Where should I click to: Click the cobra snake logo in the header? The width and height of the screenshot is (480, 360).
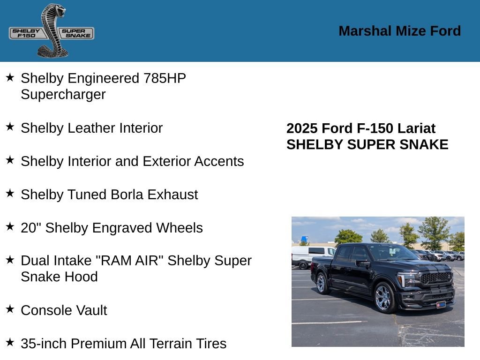[x=52, y=31]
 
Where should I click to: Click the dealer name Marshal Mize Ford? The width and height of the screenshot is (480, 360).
[x=399, y=31]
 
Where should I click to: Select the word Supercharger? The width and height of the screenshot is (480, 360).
[x=63, y=94]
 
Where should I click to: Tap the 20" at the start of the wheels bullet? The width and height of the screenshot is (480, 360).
[x=30, y=228]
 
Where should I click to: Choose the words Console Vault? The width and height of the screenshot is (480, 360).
[x=64, y=310]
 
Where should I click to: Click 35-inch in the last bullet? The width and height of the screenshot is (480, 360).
[x=44, y=344]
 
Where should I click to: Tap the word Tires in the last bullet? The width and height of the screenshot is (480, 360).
[x=211, y=344]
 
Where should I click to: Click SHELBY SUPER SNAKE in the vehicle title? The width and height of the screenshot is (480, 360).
[x=367, y=144]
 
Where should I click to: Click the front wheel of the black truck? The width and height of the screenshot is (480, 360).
[x=384, y=297]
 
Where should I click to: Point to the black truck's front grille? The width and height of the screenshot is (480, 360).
[x=436, y=278]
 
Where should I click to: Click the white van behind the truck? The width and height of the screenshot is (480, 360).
[x=307, y=255]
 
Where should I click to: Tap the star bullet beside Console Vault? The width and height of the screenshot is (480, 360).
[x=10, y=309]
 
